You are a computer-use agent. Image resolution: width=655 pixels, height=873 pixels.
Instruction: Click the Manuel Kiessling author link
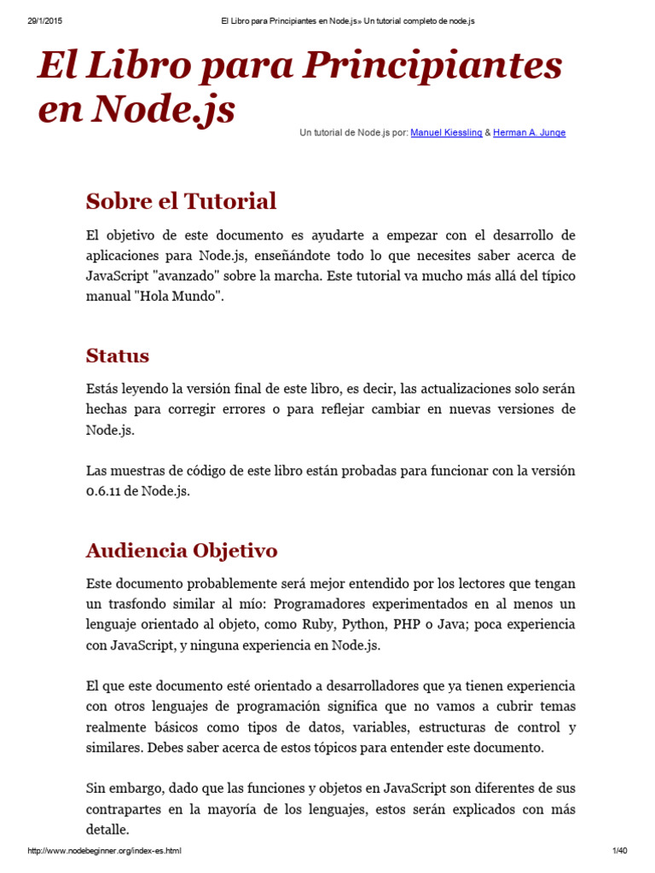coord(446,133)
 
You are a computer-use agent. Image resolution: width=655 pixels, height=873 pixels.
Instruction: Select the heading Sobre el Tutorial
coord(181,201)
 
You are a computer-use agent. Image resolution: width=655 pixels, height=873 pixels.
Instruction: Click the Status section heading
coord(118,356)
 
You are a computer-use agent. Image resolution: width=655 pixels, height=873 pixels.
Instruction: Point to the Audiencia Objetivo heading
coord(182,550)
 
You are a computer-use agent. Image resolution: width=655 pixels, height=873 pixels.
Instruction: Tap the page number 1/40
coord(619,851)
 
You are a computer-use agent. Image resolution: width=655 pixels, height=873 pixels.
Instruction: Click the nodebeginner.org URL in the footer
coord(105,851)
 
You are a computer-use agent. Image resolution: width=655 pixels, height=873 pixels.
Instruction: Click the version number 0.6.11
coord(106,491)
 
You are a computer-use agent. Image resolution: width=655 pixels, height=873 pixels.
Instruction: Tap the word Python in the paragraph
coord(364,624)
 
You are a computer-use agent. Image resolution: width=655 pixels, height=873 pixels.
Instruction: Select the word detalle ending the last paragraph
coord(107,830)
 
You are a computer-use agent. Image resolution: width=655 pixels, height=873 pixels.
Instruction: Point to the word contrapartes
coord(126,809)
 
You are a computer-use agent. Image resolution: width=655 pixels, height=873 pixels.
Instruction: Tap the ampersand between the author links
coord(488,133)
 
